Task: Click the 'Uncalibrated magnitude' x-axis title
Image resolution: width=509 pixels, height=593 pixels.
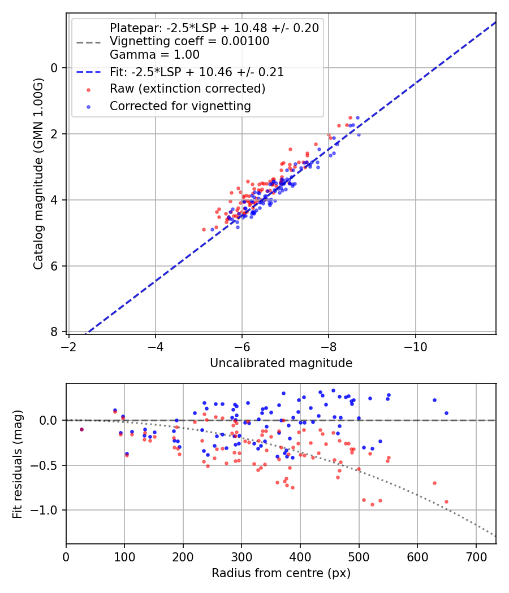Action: [x=281, y=363]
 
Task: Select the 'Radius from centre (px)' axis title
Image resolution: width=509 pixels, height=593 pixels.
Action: [x=281, y=573]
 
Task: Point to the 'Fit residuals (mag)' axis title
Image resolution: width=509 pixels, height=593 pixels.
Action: [x=18, y=464]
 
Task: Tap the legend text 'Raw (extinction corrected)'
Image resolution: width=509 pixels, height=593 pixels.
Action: [x=187, y=89]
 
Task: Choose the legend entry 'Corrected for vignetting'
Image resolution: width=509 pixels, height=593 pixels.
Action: [x=180, y=106]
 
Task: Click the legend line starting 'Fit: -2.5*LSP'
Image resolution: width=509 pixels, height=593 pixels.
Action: [x=197, y=72]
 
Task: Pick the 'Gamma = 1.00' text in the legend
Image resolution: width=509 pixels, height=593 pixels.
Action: [x=154, y=55]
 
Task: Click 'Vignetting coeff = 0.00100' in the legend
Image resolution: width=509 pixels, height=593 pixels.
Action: [x=189, y=41]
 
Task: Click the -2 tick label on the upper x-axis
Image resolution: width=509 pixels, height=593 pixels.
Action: [x=69, y=346]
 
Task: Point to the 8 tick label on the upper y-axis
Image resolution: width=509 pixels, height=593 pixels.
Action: [x=55, y=332]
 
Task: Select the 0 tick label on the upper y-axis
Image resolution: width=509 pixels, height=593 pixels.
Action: [x=55, y=68]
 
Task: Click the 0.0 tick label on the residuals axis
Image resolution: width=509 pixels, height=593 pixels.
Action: [x=50, y=420]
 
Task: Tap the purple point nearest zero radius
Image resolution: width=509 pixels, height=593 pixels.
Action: [x=81, y=429]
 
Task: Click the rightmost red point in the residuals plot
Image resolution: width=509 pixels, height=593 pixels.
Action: [x=446, y=502]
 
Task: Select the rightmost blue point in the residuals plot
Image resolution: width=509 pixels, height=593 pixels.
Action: [x=446, y=413]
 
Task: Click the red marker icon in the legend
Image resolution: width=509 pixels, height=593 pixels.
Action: [x=88, y=89]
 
